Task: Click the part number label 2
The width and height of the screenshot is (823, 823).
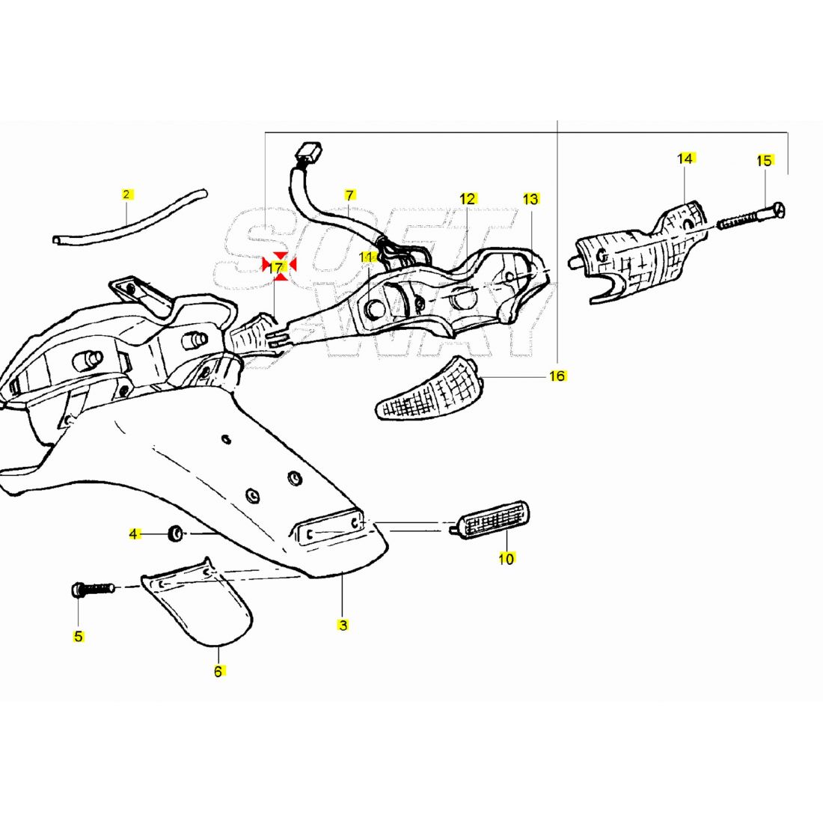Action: pyautogui.click(x=126, y=195)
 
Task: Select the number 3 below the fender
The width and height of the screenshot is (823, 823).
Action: pyautogui.click(x=343, y=625)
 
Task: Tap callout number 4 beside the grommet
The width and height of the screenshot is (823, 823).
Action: pyautogui.click(x=134, y=534)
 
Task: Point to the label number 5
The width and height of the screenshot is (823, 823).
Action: pyautogui.click(x=79, y=637)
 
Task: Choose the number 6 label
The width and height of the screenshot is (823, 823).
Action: pyautogui.click(x=218, y=672)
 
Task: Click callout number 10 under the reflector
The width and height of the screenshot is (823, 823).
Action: pyautogui.click(x=507, y=558)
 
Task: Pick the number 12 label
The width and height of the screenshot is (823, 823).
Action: pyautogui.click(x=468, y=199)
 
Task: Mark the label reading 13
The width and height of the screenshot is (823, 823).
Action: pyautogui.click(x=530, y=199)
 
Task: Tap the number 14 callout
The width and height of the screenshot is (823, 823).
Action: pyautogui.click(x=685, y=159)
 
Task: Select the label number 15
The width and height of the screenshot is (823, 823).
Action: pyautogui.click(x=763, y=160)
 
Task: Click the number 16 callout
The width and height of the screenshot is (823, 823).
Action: pyautogui.click(x=557, y=376)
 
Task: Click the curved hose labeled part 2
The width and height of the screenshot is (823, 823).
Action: pyautogui.click(x=127, y=217)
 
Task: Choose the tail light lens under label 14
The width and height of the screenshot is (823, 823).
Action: pyautogui.click(x=643, y=251)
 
